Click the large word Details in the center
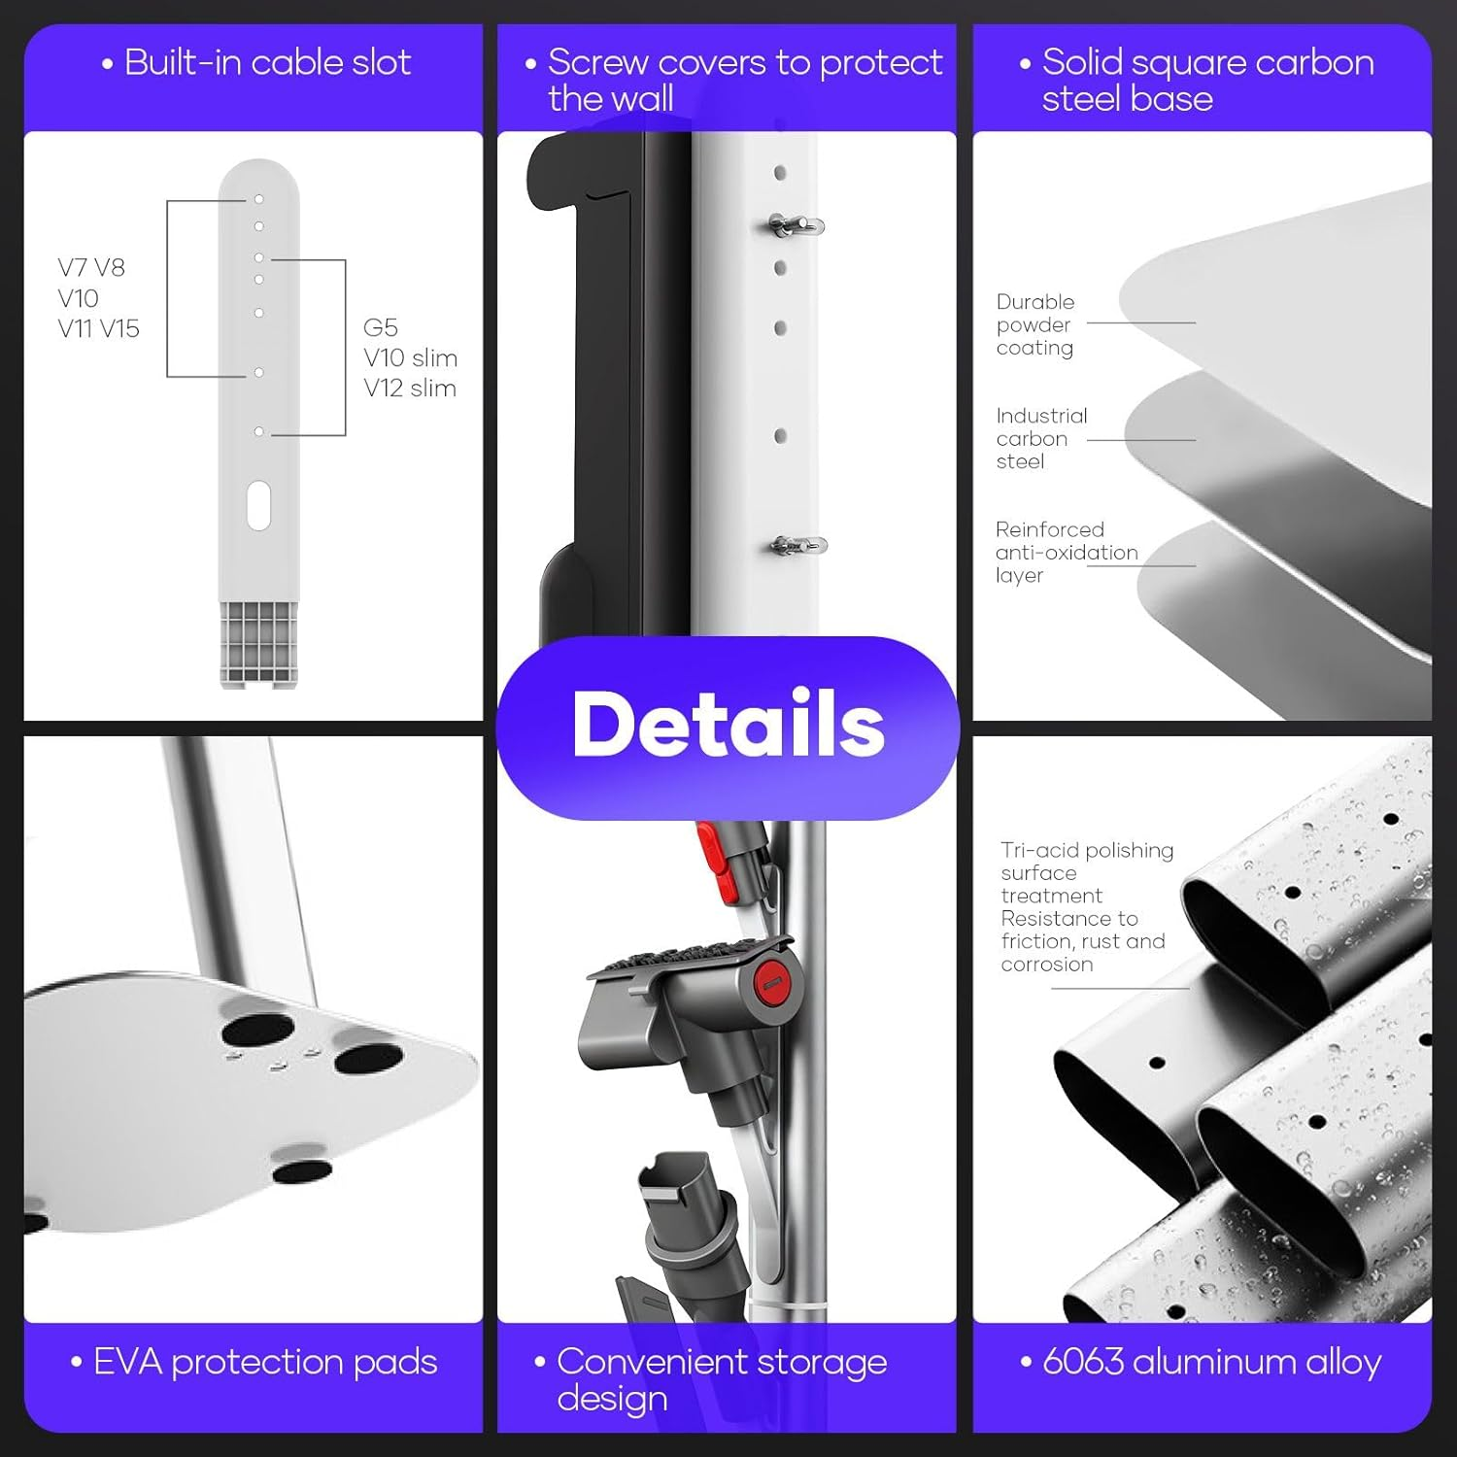[x=728, y=725]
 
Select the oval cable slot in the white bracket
[x=258, y=505]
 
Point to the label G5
[x=381, y=328]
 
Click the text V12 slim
[x=409, y=389]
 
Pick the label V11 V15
[x=98, y=329]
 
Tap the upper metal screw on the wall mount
[x=796, y=226]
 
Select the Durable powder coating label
[x=1035, y=324]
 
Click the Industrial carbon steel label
[x=1041, y=438]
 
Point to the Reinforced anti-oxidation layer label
[x=1066, y=552]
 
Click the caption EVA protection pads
[x=264, y=1362]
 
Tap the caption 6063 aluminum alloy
[x=1211, y=1362]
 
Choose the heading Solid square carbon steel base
[x=1206, y=81]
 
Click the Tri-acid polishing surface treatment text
[x=1086, y=872]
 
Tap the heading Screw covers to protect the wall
[x=743, y=81]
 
